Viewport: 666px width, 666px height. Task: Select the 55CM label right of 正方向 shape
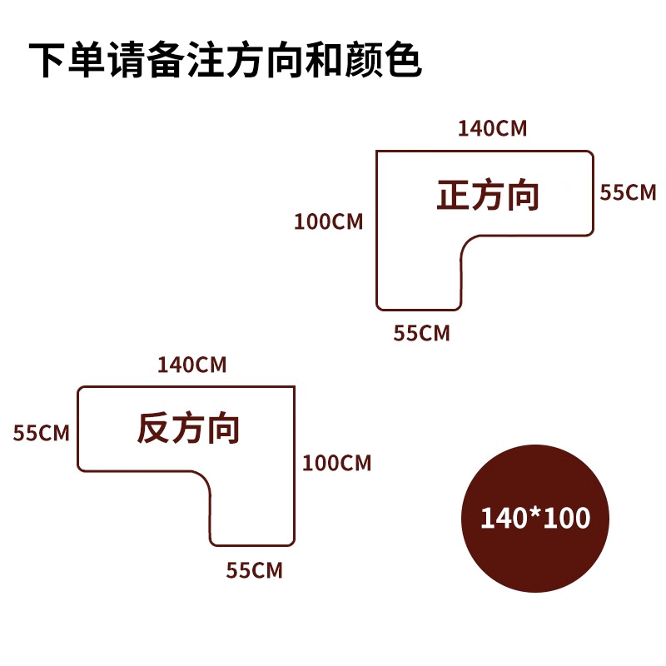629,192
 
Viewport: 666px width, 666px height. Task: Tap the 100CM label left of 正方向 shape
329,222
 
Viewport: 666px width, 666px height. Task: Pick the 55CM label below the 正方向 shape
421,333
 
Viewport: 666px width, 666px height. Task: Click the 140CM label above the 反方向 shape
192,365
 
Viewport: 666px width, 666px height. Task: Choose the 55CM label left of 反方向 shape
41,433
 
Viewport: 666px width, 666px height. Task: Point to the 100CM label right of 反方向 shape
336,462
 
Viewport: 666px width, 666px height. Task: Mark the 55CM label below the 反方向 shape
255,571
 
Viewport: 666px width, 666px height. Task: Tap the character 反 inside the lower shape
153,430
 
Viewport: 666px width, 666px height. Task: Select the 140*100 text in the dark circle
535,518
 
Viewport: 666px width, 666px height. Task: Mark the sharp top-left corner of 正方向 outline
377,152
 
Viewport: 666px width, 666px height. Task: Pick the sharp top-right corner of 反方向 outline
295,388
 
